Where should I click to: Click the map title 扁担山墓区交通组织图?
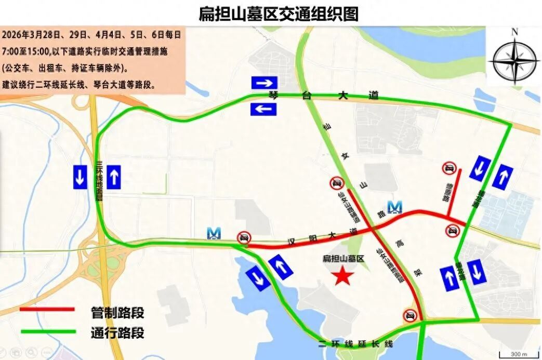tap(279, 13)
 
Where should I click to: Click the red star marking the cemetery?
tap(342, 275)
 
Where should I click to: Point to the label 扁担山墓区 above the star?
tap(344, 258)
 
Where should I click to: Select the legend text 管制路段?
tap(117, 313)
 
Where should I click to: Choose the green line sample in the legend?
tap(47, 331)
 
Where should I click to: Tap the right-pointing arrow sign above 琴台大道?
tap(265, 83)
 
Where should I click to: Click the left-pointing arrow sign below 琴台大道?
tap(264, 109)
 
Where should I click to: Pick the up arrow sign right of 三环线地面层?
tap(114, 177)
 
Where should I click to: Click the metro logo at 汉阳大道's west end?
tap(214, 233)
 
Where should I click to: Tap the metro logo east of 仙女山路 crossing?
tap(395, 207)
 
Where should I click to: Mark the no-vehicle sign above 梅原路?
tap(450, 168)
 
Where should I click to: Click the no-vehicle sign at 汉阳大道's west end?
tap(243, 237)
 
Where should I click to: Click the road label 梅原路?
tap(446, 193)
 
